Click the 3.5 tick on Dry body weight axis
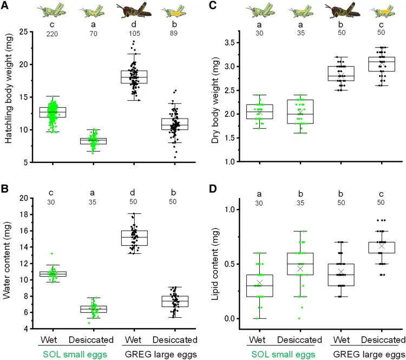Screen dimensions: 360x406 (x=236, y=42)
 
